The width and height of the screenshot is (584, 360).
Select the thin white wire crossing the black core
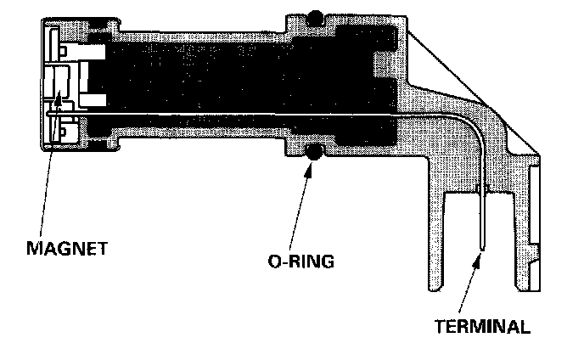tap(255, 115)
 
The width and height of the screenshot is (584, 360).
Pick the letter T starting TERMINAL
tap(440, 325)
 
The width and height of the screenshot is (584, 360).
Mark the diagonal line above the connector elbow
tap(475, 93)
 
